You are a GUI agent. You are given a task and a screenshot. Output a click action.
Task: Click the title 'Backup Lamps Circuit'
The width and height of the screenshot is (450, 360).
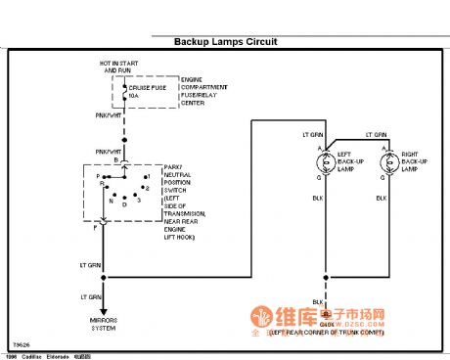[225, 42]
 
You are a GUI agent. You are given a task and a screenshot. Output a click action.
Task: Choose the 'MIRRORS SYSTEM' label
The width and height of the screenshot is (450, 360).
[105, 324]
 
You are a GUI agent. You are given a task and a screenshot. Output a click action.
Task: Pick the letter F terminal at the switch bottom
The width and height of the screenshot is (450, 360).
[95, 227]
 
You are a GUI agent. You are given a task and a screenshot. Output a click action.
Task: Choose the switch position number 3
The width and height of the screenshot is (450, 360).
[139, 199]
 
